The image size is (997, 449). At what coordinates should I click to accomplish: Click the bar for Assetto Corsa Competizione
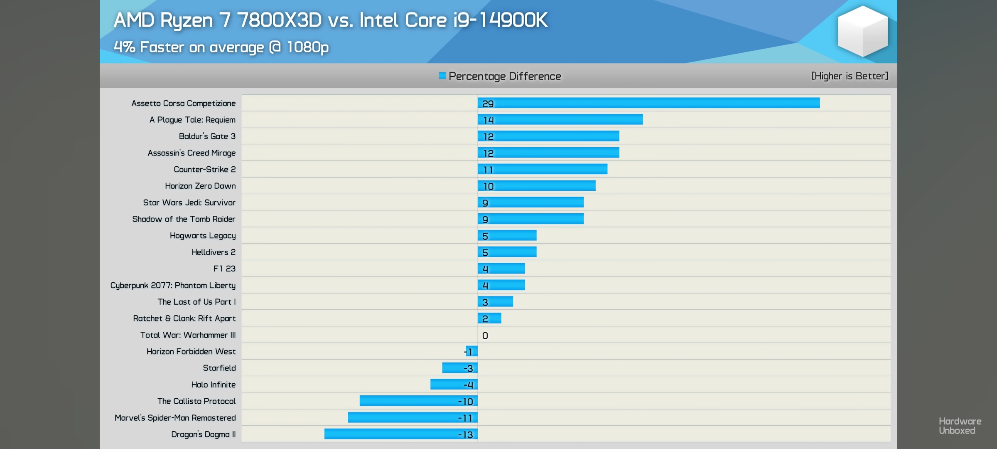coord(648,103)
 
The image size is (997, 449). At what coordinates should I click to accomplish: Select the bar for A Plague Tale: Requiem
coord(560,119)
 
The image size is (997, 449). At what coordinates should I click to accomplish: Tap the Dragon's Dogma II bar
coord(401,434)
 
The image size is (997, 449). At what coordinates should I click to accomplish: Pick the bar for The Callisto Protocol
coord(418,401)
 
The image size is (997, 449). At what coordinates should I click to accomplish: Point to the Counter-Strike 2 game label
coord(204,169)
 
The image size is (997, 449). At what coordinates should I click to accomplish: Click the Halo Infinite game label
coord(213,385)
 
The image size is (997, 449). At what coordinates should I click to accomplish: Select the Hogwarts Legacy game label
coord(202,236)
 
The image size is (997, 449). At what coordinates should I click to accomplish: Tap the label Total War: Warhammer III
coord(188,335)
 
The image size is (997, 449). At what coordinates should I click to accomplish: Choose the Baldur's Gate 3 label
coord(207,136)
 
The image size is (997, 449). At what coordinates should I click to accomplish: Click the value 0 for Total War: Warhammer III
coord(485,336)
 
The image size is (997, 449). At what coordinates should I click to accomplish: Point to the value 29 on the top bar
coord(488,104)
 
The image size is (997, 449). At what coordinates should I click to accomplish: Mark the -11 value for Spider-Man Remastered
coord(465,418)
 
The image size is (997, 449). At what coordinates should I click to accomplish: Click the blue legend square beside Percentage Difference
coord(442,76)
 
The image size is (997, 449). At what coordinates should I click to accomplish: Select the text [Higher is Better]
coord(850,76)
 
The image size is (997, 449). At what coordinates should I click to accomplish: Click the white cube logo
coord(862,31)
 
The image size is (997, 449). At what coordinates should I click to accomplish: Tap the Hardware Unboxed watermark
coord(960,426)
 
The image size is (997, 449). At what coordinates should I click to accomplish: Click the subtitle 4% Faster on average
coord(221,47)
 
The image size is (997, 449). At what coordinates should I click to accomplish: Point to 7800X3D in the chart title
coord(279,20)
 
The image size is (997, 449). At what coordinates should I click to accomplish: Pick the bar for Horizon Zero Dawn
coord(536,185)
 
